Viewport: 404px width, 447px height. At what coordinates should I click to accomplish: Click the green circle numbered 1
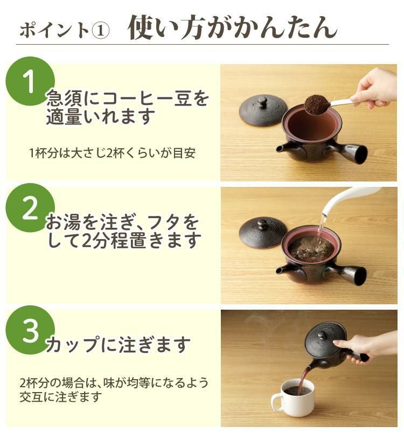click(x=30, y=81)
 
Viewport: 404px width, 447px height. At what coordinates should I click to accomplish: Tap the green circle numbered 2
click(x=30, y=208)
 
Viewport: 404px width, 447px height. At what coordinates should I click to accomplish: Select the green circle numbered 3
click(x=30, y=330)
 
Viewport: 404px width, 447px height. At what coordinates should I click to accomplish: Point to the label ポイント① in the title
click(x=64, y=30)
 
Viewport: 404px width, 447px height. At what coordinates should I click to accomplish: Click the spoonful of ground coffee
click(x=317, y=104)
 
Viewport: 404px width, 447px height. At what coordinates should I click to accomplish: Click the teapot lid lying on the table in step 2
click(x=263, y=232)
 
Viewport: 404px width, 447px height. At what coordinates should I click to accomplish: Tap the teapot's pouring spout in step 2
click(x=283, y=268)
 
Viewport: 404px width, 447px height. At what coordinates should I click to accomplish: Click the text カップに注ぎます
click(x=118, y=343)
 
